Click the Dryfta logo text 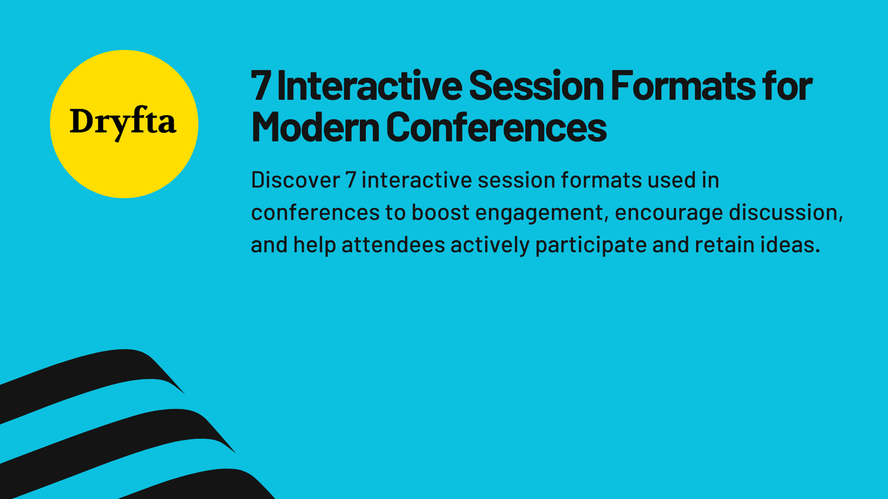[123, 122]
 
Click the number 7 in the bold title [261, 86]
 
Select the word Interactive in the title [369, 86]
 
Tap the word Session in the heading [536, 86]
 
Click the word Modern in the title [315, 128]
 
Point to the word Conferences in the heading [496, 128]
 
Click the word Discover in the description [295, 180]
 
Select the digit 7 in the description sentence [351, 180]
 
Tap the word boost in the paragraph [440, 213]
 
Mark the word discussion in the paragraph [785, 213]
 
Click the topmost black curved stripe [92, 374]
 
